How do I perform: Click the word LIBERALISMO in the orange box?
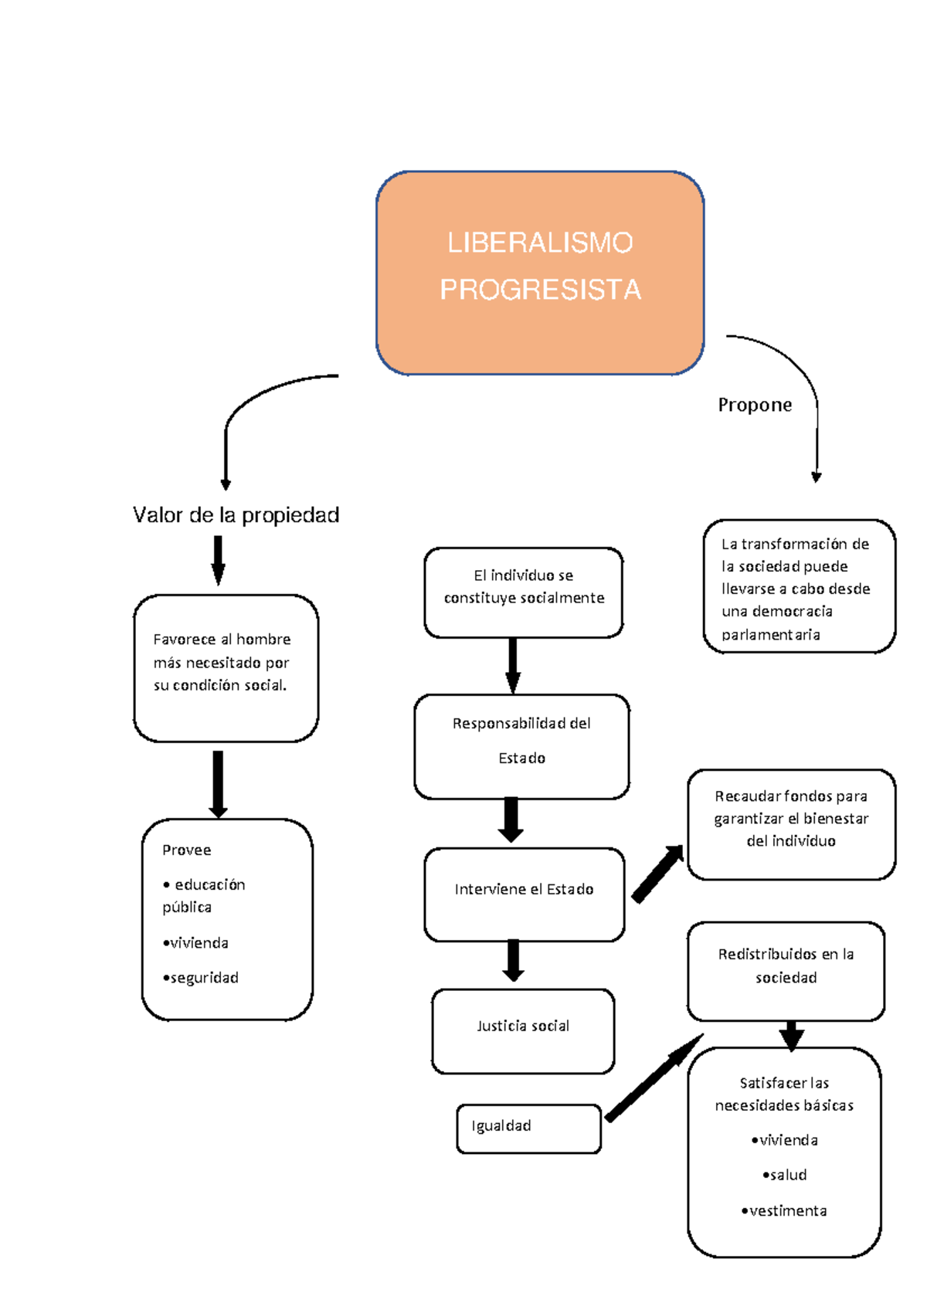540,243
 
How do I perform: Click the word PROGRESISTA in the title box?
540,290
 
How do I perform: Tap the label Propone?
755,405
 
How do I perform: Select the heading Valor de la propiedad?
236,515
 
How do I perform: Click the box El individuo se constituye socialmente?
523,592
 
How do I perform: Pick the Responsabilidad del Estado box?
521,745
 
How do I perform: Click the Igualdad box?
528,1128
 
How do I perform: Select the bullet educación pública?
204,894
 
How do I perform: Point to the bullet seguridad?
201,978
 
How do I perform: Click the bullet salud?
785,1175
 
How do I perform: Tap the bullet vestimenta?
784,1210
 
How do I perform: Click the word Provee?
187,850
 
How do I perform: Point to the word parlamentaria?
771,634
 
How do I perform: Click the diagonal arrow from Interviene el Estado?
657,874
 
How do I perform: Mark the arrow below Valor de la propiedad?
218,560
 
